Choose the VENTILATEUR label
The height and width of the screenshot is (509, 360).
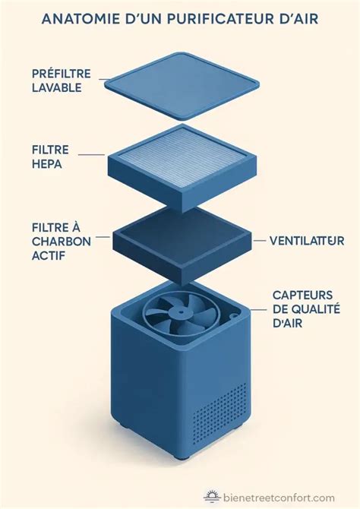pos(307,241)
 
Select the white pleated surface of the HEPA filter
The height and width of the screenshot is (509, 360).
pos(180,157)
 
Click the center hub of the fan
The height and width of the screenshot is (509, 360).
pos(178,314)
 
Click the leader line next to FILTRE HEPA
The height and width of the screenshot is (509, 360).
pos(92,156)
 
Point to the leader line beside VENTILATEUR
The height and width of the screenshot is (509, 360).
pos(257,241)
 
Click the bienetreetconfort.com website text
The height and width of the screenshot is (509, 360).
pos(279,498)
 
